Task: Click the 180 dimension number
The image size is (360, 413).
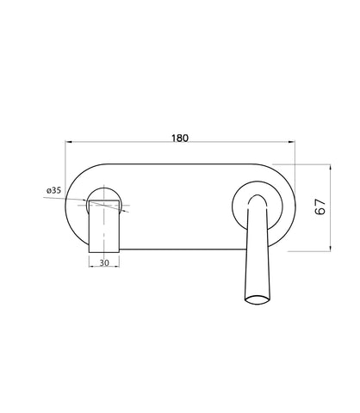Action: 180,138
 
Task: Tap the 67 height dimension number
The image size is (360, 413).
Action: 320,206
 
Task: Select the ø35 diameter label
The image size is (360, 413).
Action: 54,190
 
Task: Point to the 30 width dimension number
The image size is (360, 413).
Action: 104,262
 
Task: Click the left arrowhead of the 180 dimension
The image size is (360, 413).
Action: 68,141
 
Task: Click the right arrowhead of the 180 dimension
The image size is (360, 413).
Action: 292,141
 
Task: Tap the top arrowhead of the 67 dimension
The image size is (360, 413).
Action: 331,167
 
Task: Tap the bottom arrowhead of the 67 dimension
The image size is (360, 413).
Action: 331,248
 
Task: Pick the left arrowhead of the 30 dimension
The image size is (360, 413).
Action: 92,267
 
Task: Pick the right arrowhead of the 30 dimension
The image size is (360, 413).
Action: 116,267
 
